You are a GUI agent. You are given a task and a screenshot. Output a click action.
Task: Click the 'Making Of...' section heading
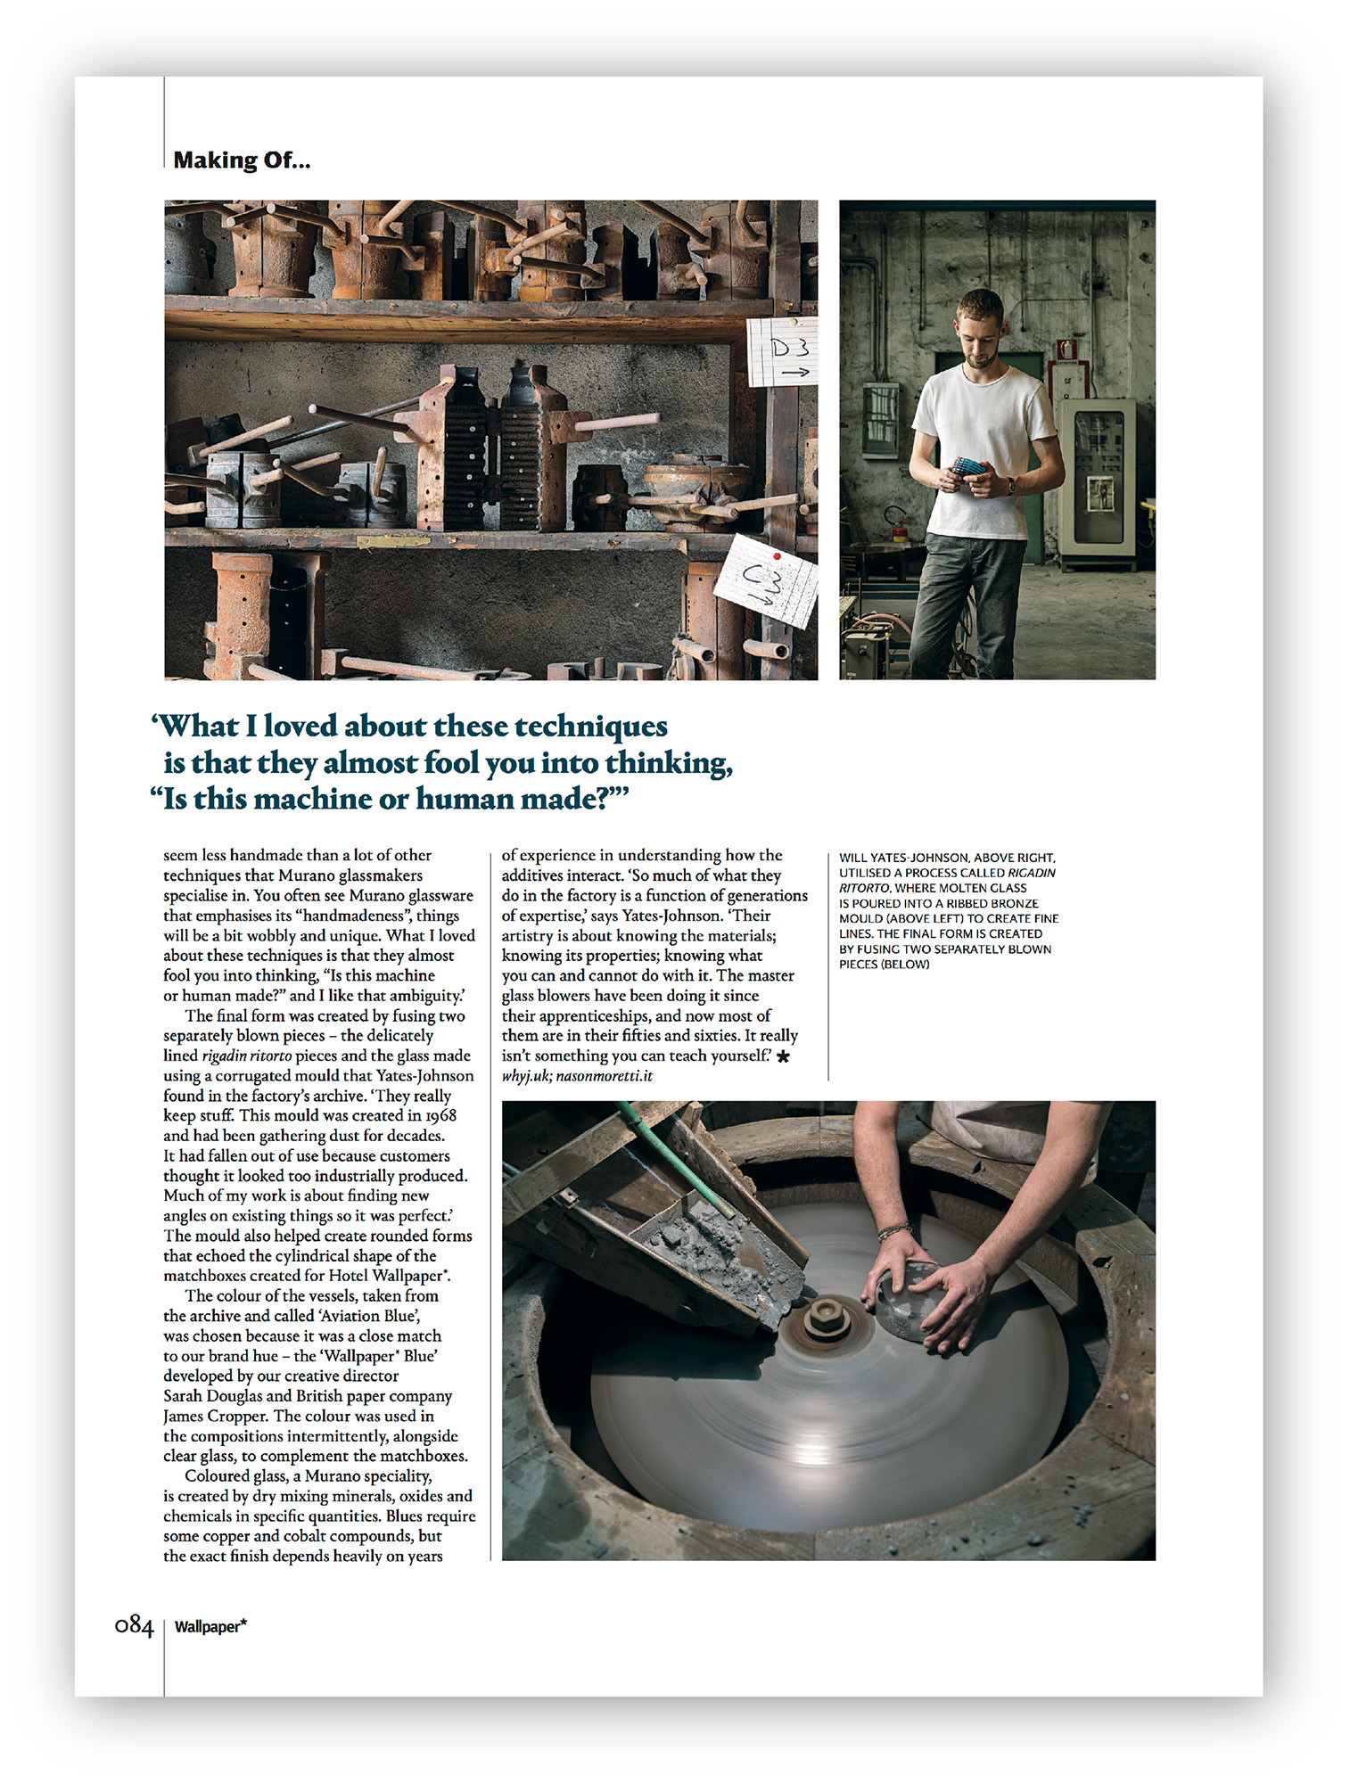click(242, 160)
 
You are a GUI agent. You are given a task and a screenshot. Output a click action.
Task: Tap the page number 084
click(134, 1625)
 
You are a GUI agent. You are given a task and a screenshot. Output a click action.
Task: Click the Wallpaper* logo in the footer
click(210, 1626)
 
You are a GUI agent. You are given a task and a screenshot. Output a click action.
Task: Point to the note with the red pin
click(768, 580)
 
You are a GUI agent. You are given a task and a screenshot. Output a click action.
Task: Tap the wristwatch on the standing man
click(1011, 486)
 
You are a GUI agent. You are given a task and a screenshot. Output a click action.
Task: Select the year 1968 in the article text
click(440, 1115)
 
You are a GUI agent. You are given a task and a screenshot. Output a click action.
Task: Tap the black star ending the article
click(783, 1056)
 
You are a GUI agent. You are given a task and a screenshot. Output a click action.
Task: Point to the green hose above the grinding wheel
click(678, 1160)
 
